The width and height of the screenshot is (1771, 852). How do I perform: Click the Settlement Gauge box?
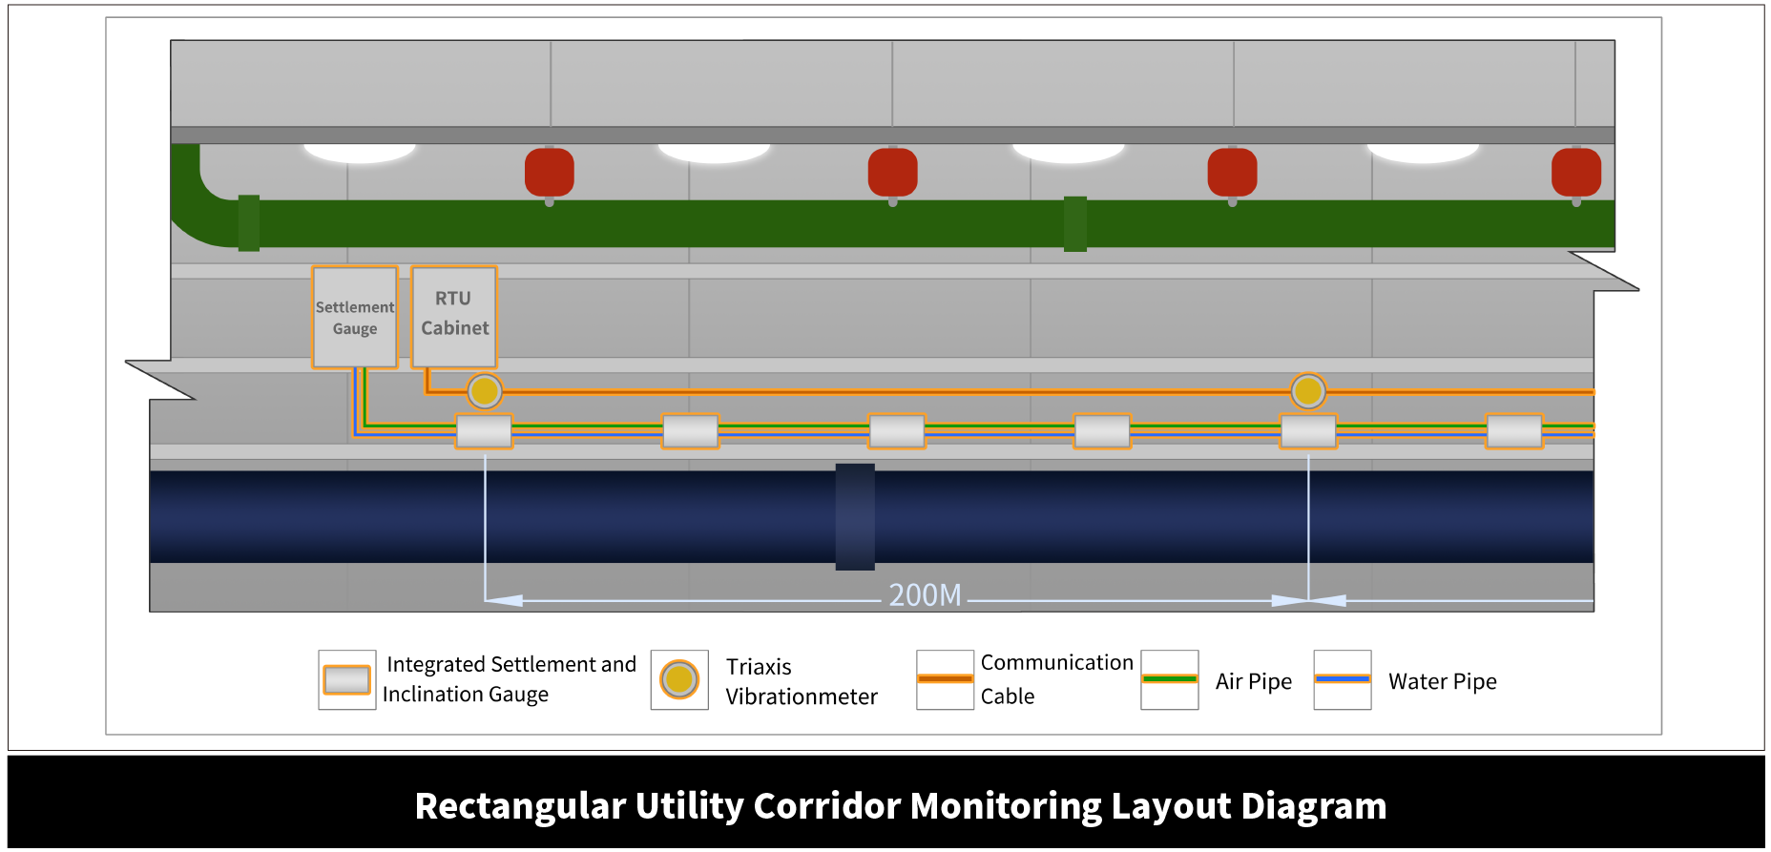[355, 317]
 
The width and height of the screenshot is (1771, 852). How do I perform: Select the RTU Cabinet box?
[454, 316]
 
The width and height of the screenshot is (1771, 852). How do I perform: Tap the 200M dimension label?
[925, 595]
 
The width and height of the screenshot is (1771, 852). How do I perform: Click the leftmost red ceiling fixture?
[550, 173]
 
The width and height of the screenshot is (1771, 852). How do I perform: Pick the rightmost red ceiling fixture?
[1575, 173]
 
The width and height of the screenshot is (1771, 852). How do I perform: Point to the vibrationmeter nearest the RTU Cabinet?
[485, 391]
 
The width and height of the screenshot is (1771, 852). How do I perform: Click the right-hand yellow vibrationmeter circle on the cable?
[1307, 391]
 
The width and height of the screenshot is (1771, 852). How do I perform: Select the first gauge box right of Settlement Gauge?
[485, 431]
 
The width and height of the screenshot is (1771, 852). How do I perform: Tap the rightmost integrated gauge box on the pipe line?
[1514, 431]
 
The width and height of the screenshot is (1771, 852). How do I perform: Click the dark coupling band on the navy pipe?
[855, 516]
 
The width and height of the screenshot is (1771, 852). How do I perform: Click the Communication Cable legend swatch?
[945, 679]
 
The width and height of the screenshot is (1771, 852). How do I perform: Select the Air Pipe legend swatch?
[1169, 679]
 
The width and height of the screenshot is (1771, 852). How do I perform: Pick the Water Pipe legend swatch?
[1342, 679]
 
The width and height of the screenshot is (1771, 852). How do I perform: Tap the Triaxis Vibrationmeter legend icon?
[679, 679]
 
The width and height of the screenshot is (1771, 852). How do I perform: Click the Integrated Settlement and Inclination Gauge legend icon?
[346, 679]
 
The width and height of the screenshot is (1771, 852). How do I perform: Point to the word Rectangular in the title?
[519, 806]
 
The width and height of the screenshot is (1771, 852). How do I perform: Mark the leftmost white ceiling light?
[360, 152]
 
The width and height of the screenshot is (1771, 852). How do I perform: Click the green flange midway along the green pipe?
[1075, 224]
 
